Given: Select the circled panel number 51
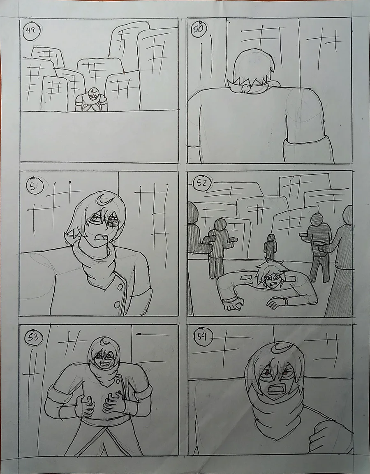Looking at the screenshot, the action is (35, 187).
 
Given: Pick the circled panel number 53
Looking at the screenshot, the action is (33, 338).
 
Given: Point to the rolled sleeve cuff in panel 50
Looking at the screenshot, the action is (309, 149).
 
